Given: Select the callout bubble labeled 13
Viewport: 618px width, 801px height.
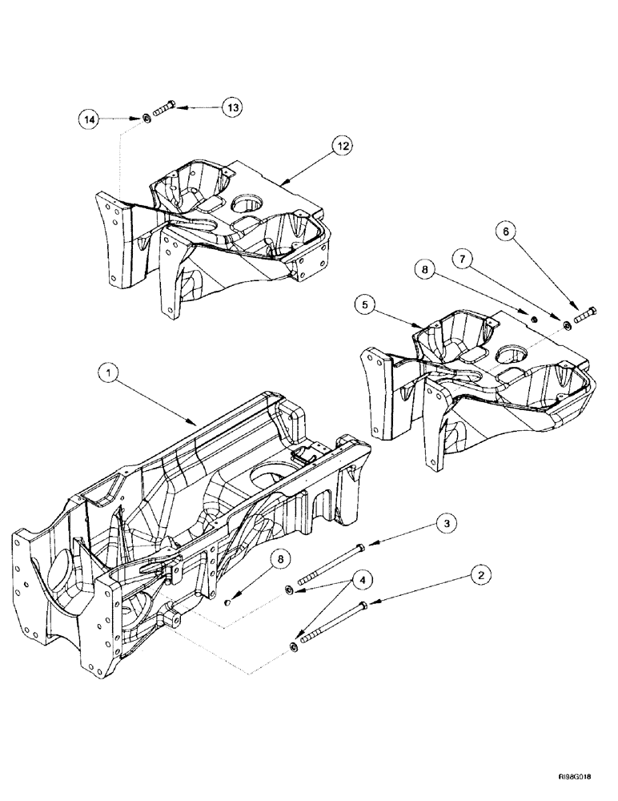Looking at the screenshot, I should pos(234,106).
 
